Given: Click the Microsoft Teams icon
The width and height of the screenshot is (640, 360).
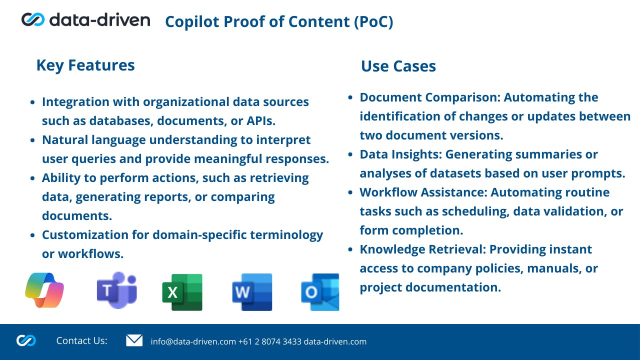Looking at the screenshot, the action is pos(117,290).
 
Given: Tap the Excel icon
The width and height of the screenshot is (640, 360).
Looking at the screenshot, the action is pos(182,292).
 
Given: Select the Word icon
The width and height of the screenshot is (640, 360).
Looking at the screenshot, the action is pos(252,292).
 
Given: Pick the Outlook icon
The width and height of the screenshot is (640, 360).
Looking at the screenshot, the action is pos(320,292).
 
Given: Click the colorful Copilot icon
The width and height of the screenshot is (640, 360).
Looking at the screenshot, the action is pos(44,290).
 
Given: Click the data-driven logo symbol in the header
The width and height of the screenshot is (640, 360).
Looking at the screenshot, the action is pos(33,19).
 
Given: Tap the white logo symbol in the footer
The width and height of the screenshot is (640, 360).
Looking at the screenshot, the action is pos(26,340).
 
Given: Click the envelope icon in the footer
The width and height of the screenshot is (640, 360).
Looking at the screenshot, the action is pos(134,340).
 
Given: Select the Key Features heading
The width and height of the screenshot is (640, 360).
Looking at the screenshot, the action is pos(85,65).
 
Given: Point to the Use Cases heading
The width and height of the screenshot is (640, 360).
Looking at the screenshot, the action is pos(398,66).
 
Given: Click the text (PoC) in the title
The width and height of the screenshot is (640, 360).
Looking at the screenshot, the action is pos(373,22).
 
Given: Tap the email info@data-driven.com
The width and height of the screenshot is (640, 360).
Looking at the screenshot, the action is pos(193,341).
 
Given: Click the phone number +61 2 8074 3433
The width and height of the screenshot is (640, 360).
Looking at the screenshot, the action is pos(270,341).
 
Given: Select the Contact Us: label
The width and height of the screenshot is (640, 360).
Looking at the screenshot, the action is pos(81,340).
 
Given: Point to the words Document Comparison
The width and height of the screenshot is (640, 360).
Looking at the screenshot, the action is pos(430,97).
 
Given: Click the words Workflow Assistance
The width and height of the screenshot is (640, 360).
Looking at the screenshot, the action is pos(423,192).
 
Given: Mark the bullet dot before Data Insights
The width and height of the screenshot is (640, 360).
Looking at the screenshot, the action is pos(350,154).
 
